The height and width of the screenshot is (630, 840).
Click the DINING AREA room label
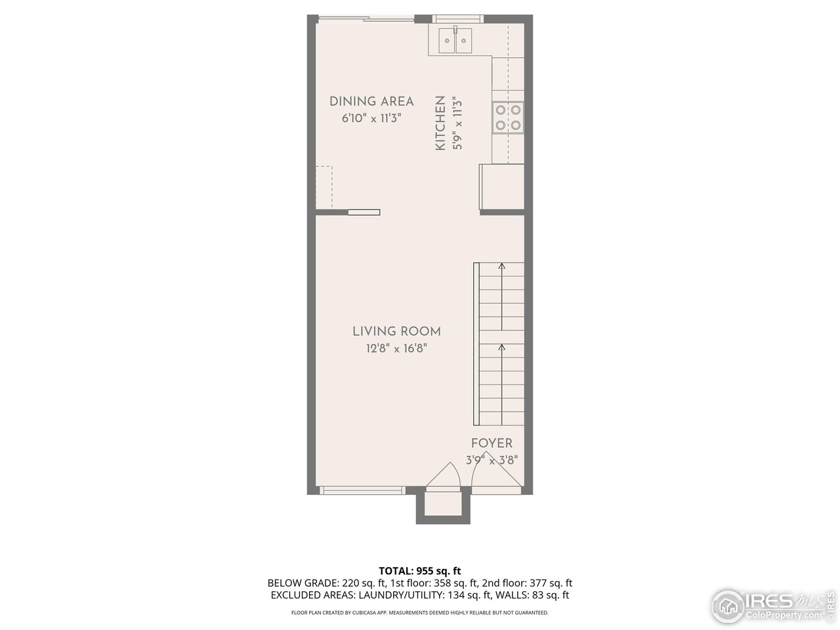371,101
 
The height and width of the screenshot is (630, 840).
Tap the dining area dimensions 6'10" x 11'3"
371,118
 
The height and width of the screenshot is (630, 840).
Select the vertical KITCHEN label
440,123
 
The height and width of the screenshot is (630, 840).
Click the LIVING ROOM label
396,331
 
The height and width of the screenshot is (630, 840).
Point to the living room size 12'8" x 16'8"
396,349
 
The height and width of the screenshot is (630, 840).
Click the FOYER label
492,444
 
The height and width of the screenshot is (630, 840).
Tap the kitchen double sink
455,41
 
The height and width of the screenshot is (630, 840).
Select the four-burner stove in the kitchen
509,117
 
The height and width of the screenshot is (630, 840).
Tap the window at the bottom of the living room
362,490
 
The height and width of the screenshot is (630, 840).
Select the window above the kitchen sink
459,18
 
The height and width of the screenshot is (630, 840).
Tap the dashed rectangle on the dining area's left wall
324,187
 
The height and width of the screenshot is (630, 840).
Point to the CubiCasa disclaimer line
420,612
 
